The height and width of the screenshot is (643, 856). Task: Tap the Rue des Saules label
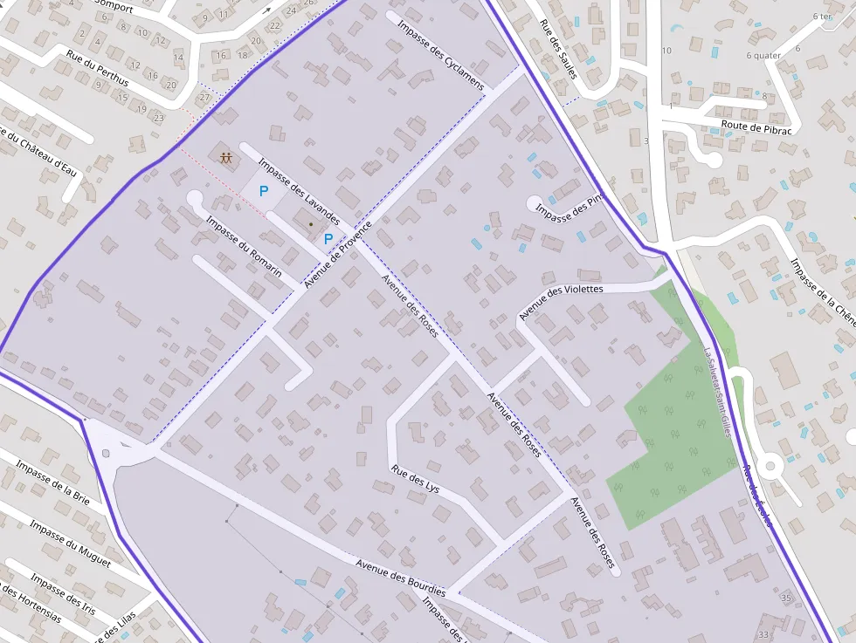557,50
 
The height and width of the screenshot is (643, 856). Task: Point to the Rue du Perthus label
97,68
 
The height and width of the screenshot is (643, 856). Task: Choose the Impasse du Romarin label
244,247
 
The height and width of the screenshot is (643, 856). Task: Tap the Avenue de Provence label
338,255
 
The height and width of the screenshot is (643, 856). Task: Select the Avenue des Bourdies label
401,578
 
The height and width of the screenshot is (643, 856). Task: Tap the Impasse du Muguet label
70,544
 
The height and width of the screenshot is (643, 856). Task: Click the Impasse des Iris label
63,594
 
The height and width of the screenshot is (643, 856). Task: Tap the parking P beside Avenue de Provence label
328,238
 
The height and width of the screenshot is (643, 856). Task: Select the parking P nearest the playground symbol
263,190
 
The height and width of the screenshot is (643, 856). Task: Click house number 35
786,598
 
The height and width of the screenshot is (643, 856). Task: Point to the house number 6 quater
763,56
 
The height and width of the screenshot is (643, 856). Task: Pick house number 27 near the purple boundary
205,97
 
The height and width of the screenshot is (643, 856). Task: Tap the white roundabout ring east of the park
770,466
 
